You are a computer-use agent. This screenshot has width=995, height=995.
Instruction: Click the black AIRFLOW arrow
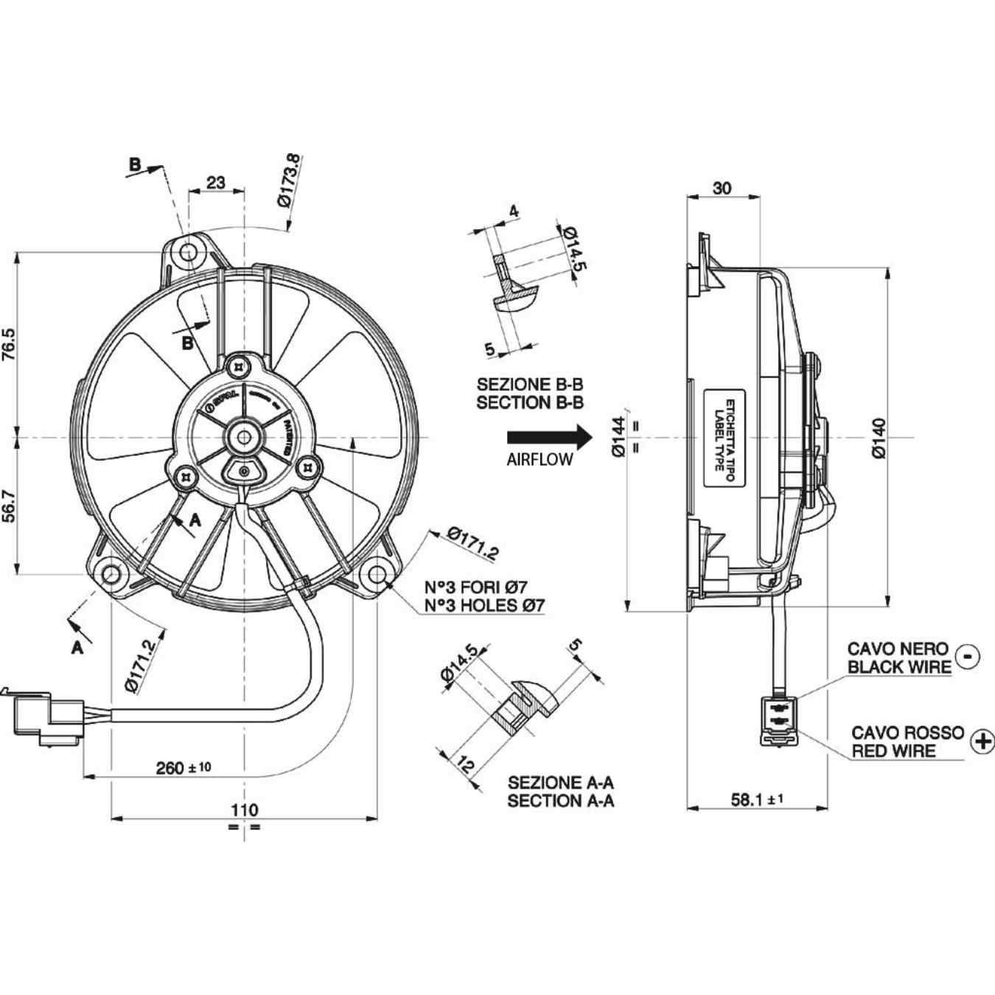(549, 436)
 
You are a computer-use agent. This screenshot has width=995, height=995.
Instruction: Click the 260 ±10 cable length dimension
(183, 767)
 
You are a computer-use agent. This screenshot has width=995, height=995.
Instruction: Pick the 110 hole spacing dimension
(244, 809)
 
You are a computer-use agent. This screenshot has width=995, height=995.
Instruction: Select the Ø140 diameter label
(879, 439)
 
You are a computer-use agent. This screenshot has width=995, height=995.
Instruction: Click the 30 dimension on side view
(722, 188)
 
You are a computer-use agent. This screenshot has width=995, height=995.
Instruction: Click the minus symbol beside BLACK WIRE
(968, 656)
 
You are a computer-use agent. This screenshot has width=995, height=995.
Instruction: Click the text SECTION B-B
(530, 403)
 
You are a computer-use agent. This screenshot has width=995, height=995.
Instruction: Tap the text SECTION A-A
(560, 801)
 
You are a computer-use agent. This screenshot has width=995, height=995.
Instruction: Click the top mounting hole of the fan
(189, 252)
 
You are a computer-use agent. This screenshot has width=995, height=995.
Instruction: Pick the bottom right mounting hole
(377, 573)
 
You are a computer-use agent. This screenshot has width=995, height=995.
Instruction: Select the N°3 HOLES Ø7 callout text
(484, 606)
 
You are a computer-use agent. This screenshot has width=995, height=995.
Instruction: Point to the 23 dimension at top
(216, 181)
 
